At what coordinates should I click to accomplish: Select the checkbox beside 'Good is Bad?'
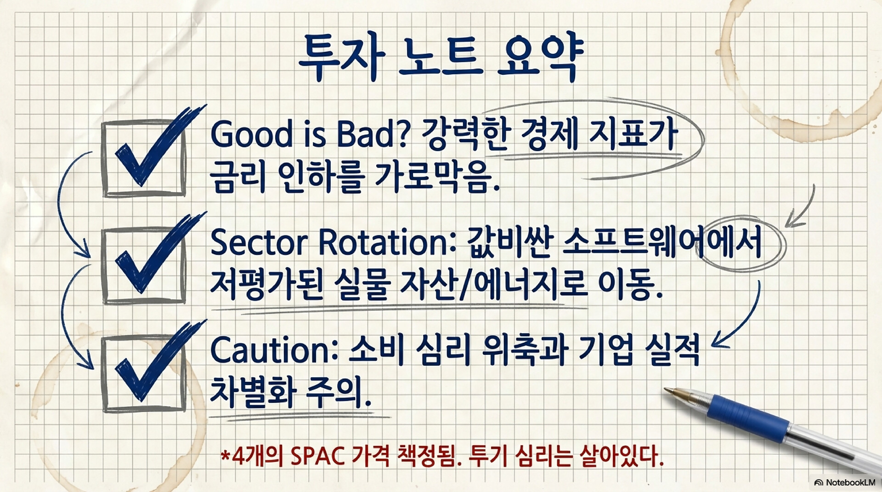(144, 158)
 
